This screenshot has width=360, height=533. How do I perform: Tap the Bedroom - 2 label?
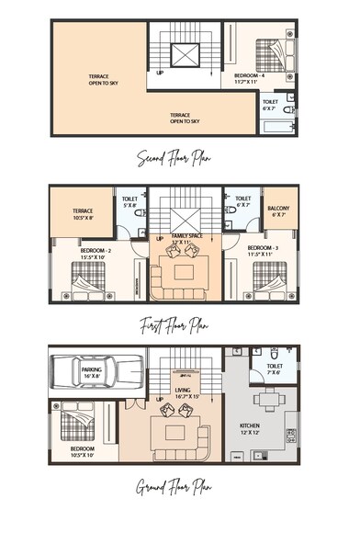[96, 253]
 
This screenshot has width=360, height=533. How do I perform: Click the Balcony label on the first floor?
[278, 212]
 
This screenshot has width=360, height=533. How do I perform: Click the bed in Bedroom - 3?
[266, 278]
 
